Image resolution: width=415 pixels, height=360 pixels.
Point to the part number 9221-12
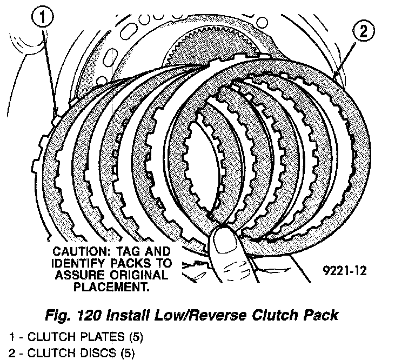click(x=342, y=270)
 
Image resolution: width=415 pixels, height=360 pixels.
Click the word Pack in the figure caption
click(x=323, y=314)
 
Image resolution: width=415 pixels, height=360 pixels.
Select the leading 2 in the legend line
click(x=5, y=354)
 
